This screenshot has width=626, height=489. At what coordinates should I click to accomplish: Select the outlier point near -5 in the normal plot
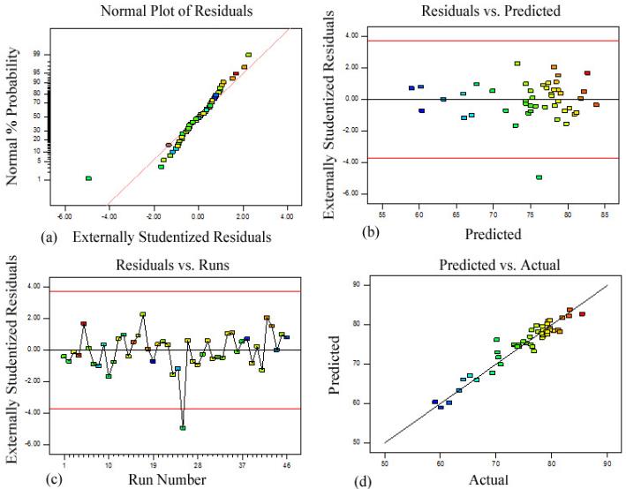click(88, 178)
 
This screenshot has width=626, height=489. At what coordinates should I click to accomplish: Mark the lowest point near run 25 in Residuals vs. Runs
click(183, 428)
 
